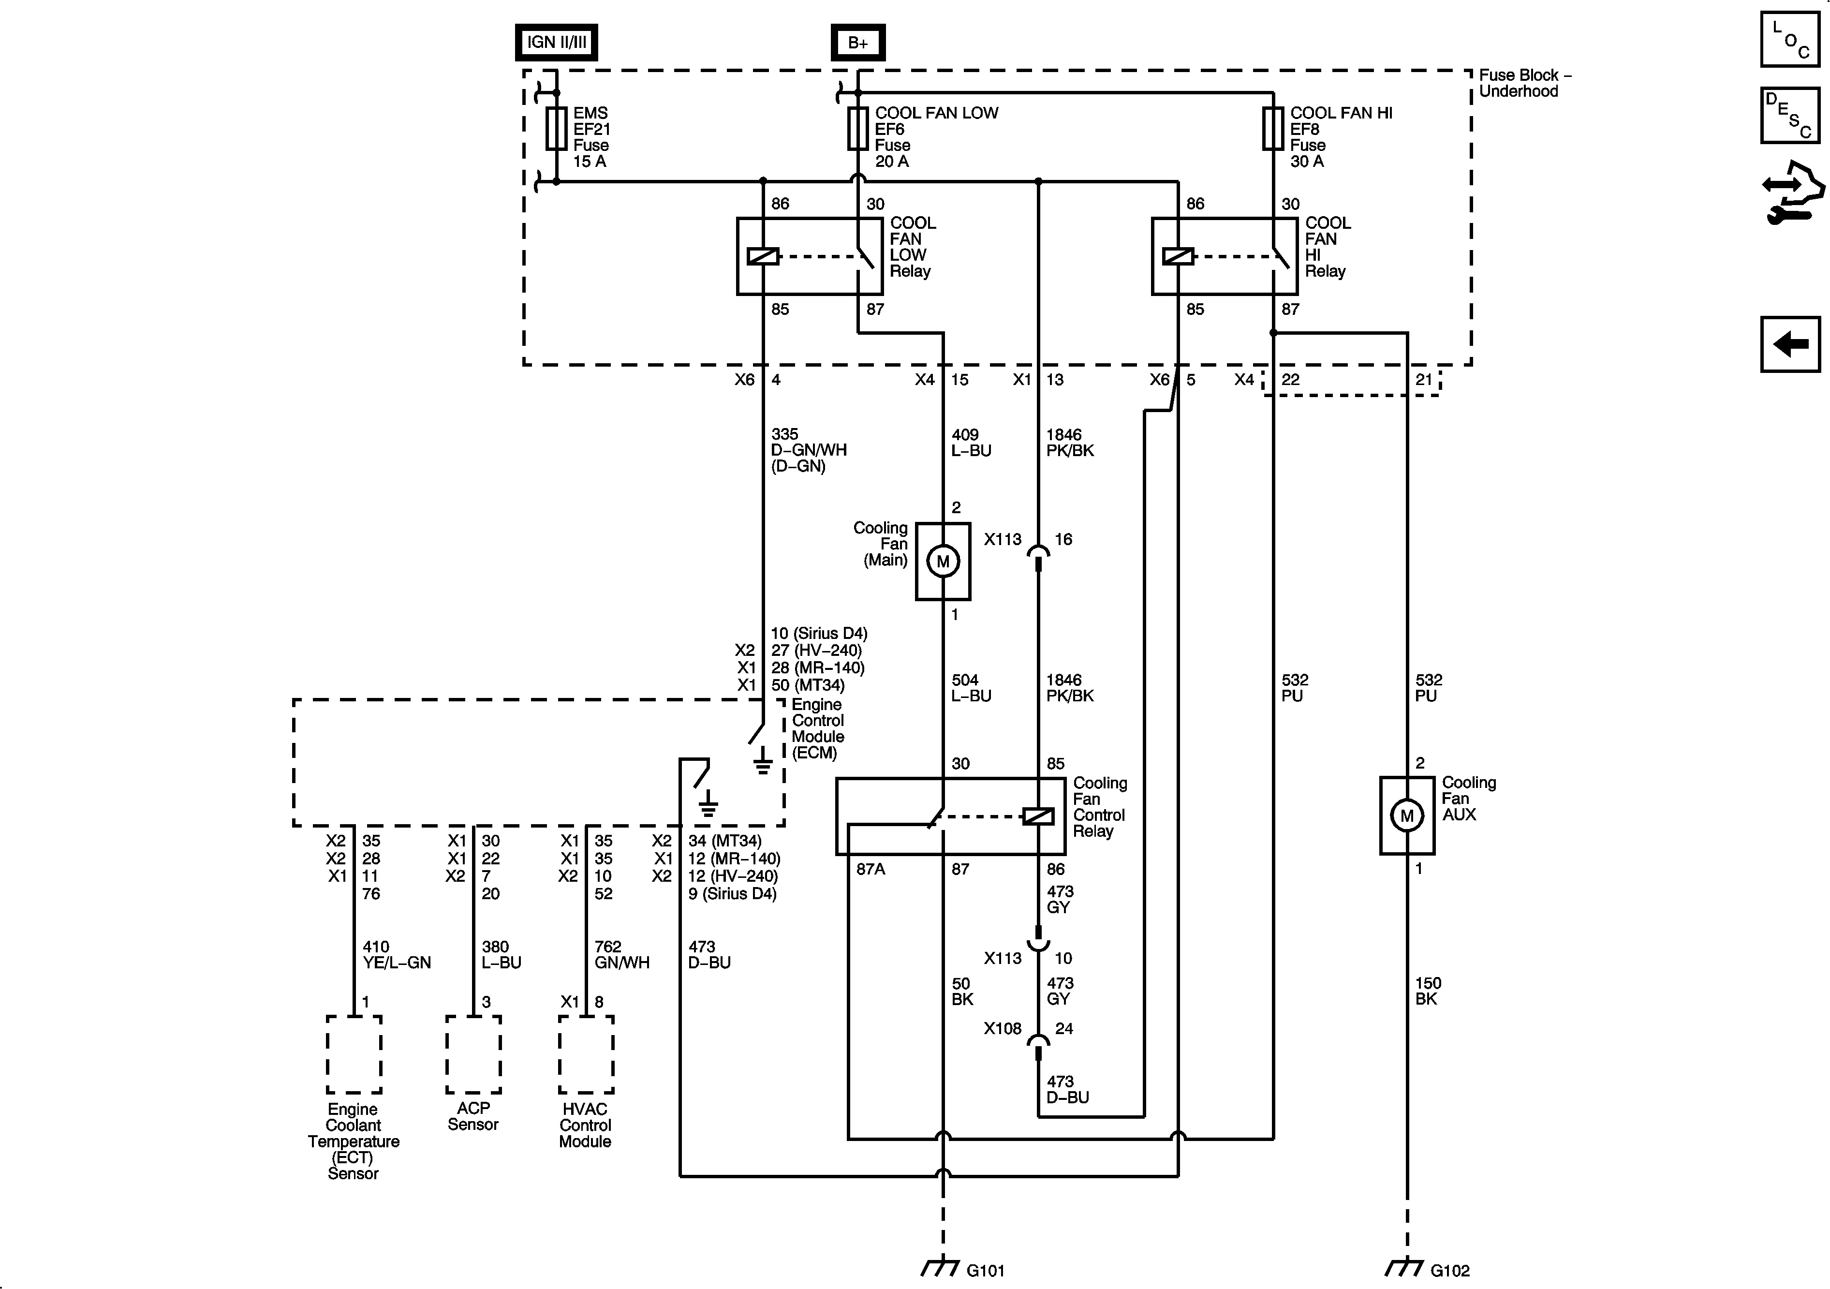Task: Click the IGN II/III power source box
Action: tap(556, 42)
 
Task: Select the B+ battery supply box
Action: tap(857, 42)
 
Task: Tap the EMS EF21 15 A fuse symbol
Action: tap(556, 129)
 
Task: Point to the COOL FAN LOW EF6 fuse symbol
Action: tap(857, 129)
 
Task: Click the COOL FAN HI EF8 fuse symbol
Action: tap(1273, 129)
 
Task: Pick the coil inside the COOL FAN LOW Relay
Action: tap(763, 257)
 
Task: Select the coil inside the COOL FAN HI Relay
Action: tap(1178, 257)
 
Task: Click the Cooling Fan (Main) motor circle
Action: tap(943, 561)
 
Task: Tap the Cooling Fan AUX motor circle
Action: tap(1407, 815)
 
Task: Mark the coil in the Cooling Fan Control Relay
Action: tap(1038, 816)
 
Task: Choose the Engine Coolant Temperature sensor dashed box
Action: tap(354, 1054)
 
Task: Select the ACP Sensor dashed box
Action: tap(473, 1054)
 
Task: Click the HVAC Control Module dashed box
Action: tap(586, 1054)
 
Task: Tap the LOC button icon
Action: tap(1790, 39)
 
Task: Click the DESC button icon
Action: tap(1790, 116)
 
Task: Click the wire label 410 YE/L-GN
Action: tap(396, 954)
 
